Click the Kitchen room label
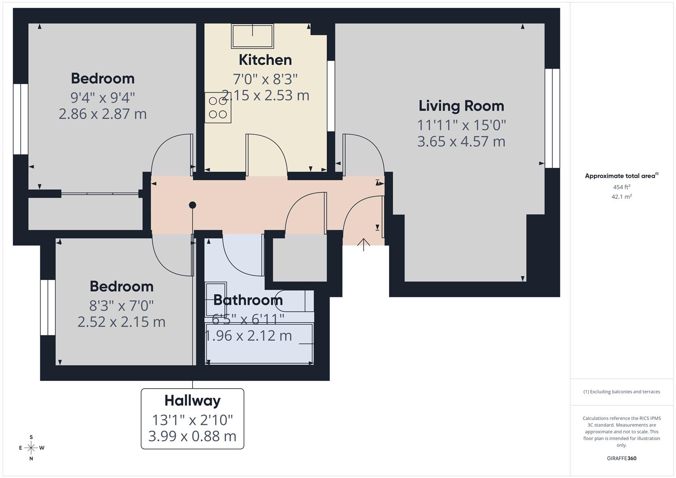point(265,60)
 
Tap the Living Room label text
point(461,106)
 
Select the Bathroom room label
point(248,300)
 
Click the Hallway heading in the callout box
point(192,401)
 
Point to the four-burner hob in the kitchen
point(218,108)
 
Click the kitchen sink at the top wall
point(252,36)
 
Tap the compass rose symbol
point(31,448)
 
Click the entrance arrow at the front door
point(363,244)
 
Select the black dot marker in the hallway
point(193,205)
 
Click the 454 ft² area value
point(621,187)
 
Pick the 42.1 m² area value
point(621,197)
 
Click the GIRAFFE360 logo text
point(621,458)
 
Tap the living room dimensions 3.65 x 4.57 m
point(461,142)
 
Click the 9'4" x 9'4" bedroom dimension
point(103,97)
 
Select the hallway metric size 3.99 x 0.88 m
point(192,436)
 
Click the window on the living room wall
point(552,118)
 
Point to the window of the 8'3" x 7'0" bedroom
point(47,307)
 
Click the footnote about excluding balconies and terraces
point(621,392)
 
